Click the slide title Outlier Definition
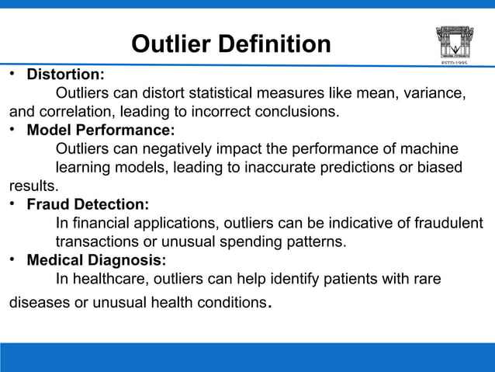click(x=230, y=45)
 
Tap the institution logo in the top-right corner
click(x=454, y=42)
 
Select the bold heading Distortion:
click(x=66, y=76)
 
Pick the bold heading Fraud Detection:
click(x=88, y=205)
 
